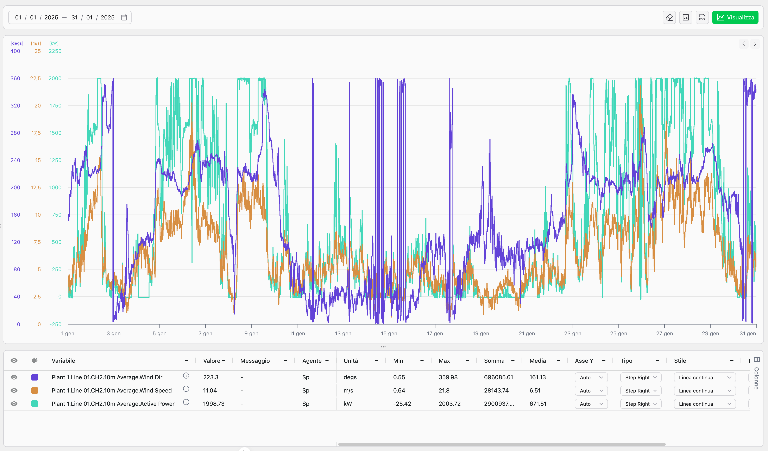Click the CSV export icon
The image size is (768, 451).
pyautogui.click(x=702, y=17)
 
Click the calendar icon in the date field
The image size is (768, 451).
pyautogui.click(x=124, y=17)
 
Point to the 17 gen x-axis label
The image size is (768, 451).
pyautogui.click(x=435, y=333)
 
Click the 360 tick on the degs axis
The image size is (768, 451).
pyautogui.click(x=15, y=78)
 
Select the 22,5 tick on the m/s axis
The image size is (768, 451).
pyautogui.click(x=35, y=78)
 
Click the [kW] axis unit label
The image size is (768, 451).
pyautogui.click(x=54, y=43)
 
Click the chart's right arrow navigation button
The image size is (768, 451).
pyautogui.click(x=755, y=44)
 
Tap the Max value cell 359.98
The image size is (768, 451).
pyautogui.click(x=448, y=377)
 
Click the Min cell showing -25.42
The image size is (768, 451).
pyautogui.click(x=402, y=404)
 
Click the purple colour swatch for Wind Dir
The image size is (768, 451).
pyautogui.click(x=35, y=377)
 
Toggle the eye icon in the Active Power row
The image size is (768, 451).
pyautogui.click(x=14, y=404)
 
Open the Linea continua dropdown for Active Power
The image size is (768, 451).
pyautogui.click(x=705, y=404)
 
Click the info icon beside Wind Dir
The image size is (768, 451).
pyautogui.click(x=186, y=376)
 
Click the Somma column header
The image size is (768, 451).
pyautogui.click(x=494, y=361)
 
